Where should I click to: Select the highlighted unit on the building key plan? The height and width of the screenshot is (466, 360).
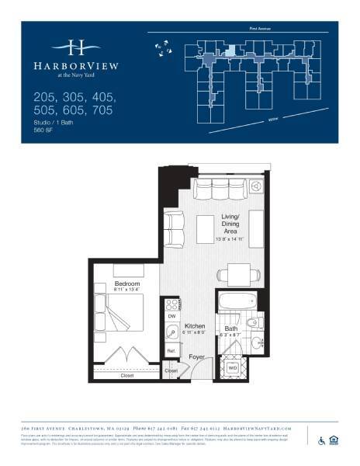click(230, 50)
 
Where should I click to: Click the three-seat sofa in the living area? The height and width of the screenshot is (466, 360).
click(221, 191)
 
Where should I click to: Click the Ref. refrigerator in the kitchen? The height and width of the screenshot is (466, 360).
click(171, 352)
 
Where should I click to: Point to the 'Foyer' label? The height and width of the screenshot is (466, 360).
click(197, 357)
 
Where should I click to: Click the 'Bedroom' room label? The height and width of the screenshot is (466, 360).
click(126, 284)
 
